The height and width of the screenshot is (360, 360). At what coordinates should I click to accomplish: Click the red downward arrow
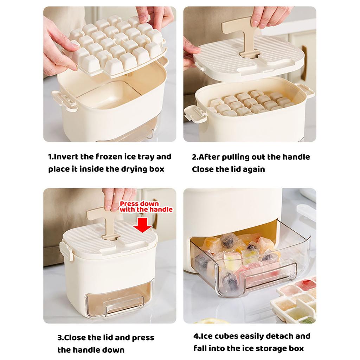(x=142, y=225)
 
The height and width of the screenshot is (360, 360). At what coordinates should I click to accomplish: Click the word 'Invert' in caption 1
(x=66, y=157)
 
